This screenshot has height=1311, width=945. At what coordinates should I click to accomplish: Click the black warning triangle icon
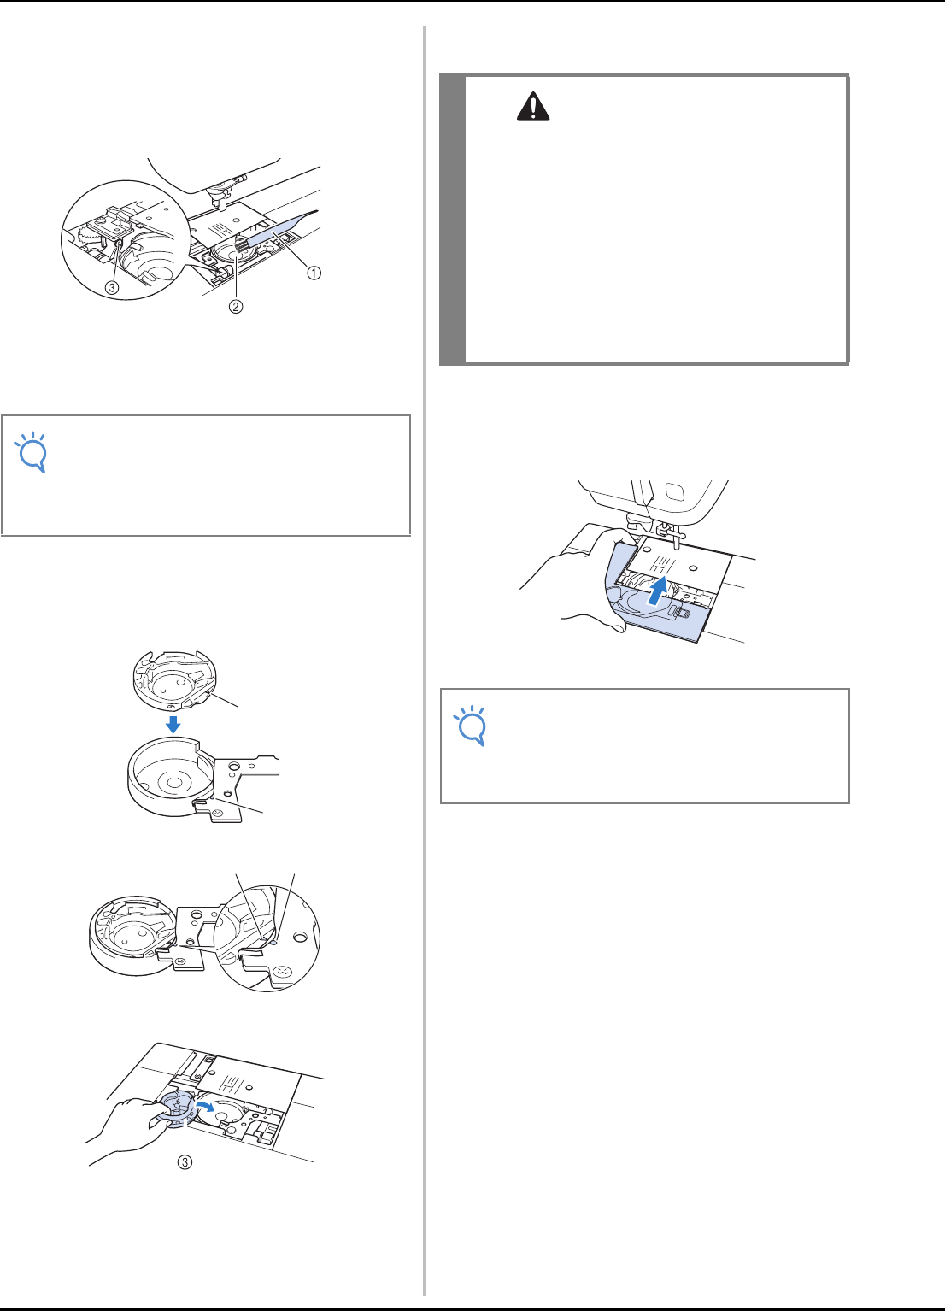(x=532, y=107)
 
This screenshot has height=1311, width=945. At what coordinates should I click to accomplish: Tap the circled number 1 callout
(x=314, y=273)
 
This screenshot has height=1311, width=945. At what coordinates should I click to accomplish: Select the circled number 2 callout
(x=235, y=306)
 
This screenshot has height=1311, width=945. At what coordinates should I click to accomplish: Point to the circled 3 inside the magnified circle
(x=111, y=287)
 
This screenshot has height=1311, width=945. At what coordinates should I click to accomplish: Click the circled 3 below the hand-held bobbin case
(x=185, y=1161)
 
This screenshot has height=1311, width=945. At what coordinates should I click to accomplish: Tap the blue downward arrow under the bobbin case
(x=173, y=725)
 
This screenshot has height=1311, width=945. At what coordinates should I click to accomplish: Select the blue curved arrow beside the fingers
(x=205, y=1105)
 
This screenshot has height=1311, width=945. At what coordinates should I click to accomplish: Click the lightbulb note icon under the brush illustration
(x=32, y=452)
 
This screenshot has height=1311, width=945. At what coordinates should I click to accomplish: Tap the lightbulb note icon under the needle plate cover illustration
(x=472, y=726)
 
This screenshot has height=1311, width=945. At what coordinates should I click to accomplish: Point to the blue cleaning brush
(x=275, y=232)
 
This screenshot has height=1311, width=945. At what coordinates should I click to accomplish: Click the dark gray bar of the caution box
(x=452, y=220)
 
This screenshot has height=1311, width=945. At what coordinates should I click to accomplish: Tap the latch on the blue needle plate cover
(x=683, y=613)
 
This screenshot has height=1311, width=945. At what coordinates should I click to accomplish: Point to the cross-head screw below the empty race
(x=218, y=814)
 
